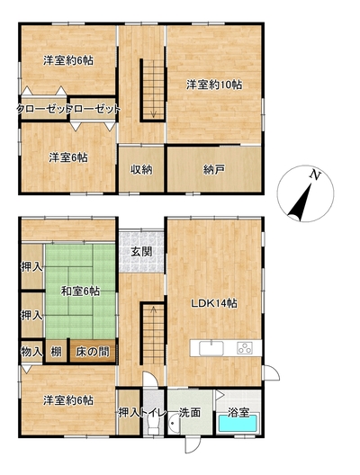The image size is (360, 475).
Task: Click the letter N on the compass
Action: click(x=315, y=175)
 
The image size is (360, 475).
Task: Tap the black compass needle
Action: click(x=300, y=202)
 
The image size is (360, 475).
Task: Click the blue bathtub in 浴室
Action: click(x=238, y=423)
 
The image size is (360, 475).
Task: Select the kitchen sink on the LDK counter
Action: click(x=211, y=348)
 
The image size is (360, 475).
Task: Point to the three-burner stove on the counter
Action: click(x=245, y=348)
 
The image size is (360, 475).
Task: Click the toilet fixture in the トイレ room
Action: click(x=153, y=423)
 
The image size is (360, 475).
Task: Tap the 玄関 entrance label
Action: click(x=141, y=252)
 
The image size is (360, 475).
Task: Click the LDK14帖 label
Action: click(x=214, y=303)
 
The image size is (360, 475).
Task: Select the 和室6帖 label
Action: click(x=80, y=291)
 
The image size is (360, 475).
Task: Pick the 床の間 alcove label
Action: click(x=93, y=352)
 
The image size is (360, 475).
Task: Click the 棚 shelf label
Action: click(x=56, y=352)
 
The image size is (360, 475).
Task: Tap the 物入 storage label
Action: click(x=31, y=352)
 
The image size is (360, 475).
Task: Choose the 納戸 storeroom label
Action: click(x=214, y=170)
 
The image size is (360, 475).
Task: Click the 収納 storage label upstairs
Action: click(x=141, y=170)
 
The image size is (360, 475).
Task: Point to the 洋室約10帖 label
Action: click(x=214, y=85)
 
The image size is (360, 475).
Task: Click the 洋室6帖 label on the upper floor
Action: click(x=68, y=157)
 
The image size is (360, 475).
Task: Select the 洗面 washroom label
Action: click(x=189, y=412)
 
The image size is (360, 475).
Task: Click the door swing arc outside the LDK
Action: click(x=274, y=371)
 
